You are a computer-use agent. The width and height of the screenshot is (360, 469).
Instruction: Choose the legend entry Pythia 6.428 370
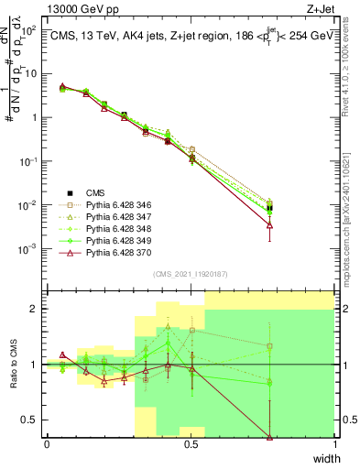[115, 257]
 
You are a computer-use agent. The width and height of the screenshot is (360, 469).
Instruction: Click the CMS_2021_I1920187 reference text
[190, 274]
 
